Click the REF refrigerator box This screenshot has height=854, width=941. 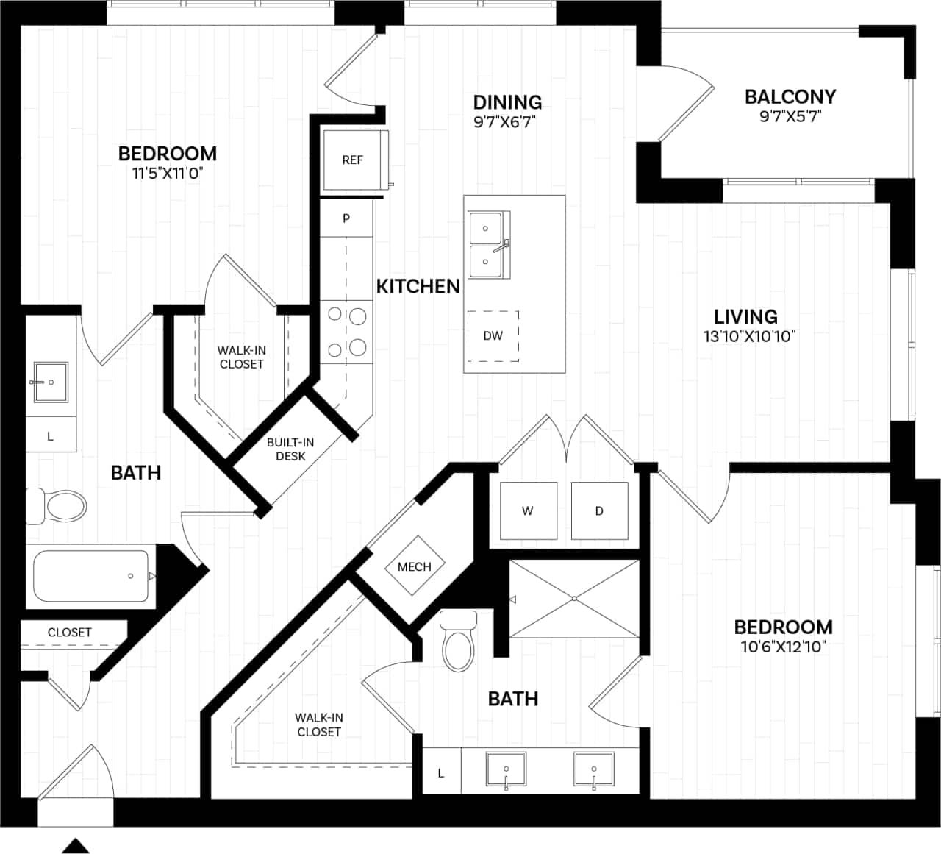[x=354, y=160]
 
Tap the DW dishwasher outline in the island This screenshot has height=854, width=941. [x=493, y=335]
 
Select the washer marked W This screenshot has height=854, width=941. [x=528, y=511]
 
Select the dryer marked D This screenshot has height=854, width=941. [x=599, y=511]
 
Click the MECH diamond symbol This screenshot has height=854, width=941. [x=415, y=566]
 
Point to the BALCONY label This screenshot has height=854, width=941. [x=790, y=97]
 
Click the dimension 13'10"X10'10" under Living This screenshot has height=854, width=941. [x=749, y=337]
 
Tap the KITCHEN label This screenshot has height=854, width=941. [x=418, y=286]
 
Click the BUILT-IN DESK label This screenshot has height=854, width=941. [x=290, y=449]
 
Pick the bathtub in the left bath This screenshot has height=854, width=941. [x=91, y=576]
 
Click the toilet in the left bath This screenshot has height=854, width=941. [x=58, y=506]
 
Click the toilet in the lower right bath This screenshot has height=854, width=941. [x=458, y=641]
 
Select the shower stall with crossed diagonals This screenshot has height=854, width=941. [x=574, y=599]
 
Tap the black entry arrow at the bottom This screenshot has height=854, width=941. [x=75, y=845]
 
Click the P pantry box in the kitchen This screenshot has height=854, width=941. [x=346, y=218]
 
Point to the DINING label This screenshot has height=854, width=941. [x=507, y=102]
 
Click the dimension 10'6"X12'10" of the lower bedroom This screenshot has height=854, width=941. [x=783, y=647]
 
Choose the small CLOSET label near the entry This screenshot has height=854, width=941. [x=70, y=633]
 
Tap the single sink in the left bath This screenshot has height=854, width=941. [x=51, y=382]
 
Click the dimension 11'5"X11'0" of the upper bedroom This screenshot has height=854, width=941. [x=167, y=174]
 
